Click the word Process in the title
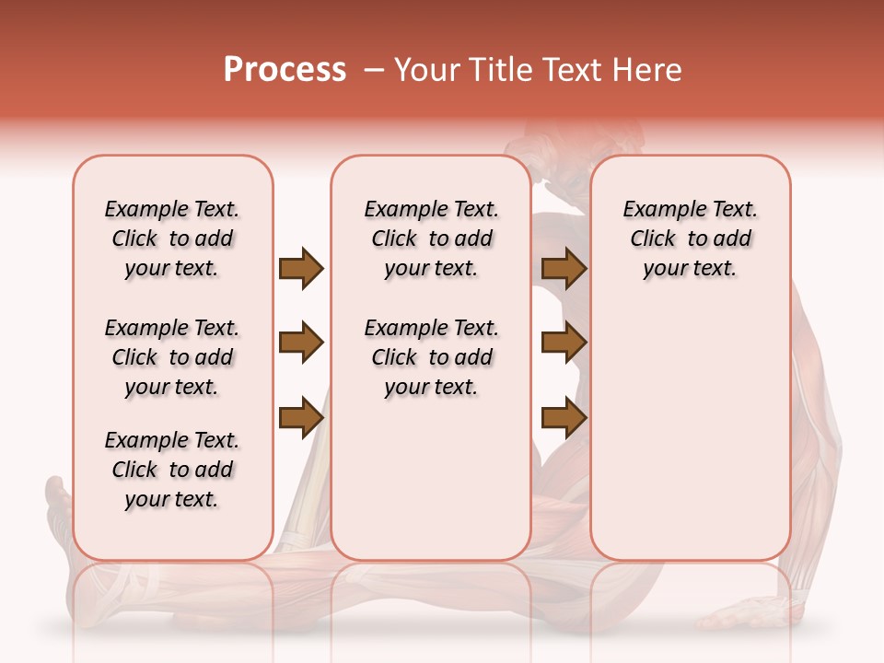285,70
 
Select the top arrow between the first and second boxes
301,269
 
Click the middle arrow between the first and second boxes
301,343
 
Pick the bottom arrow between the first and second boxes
301,418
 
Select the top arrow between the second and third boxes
564,269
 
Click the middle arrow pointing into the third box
564,343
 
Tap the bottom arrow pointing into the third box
564,418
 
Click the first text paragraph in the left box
172,238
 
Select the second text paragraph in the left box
172,357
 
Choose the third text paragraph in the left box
172,470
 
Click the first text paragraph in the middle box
431,238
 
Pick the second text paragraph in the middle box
431,357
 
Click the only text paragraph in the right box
690,238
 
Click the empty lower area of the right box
690,442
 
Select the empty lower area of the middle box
431,479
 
